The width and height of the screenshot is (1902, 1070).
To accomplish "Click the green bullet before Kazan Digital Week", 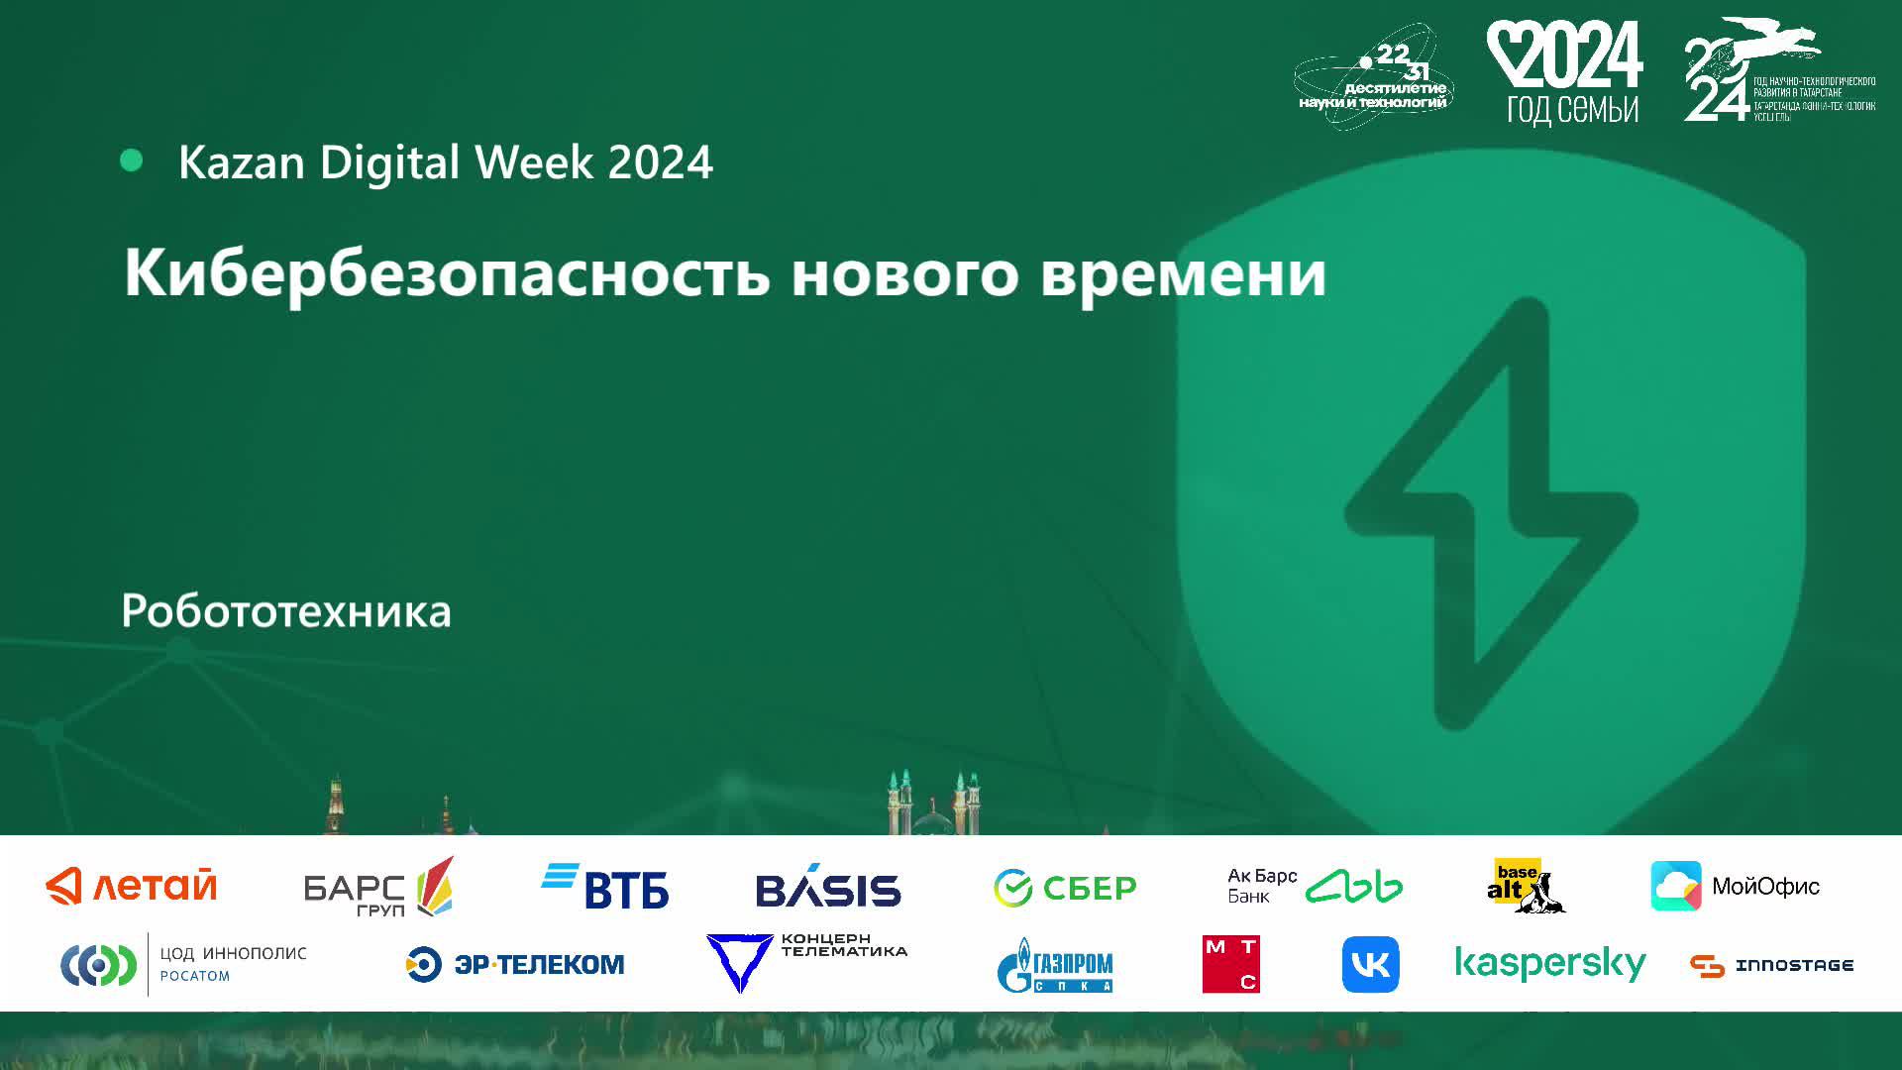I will (131, 160).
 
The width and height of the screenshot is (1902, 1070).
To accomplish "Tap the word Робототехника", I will (286, 611).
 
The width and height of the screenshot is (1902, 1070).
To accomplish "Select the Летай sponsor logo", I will (132, 886).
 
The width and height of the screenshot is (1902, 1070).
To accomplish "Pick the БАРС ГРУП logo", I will (378, 887).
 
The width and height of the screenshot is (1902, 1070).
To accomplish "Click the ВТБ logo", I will (605, 887).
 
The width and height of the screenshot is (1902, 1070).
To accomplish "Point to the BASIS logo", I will (828, 888).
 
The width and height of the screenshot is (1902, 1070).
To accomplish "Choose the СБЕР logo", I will (1065, 888).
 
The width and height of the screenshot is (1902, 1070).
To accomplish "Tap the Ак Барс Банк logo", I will (1315, 886).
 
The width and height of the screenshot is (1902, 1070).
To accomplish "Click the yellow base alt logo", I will (1524, 886).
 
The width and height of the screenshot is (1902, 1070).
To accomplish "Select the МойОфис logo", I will (1735, 886).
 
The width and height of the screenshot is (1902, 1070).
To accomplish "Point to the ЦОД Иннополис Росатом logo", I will (184, 964).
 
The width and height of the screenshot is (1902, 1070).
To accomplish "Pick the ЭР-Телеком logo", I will (515, 964).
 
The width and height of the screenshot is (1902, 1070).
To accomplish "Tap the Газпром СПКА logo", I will (1055, 965).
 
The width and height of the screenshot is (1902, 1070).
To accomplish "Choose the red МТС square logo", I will (1231, 964).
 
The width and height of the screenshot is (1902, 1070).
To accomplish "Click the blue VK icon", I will (1370, 964).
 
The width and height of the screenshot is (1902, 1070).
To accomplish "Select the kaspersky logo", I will (1550, 964).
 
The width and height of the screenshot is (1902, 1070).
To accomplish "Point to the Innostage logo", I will (1771, 965).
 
